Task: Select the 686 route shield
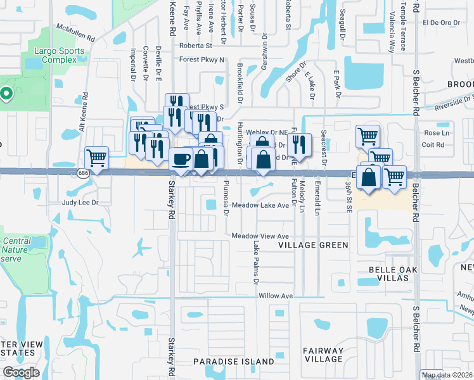click(x=83, y=172)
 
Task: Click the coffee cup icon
click(x=181, y=158)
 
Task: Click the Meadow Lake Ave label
click(x=260, y=205)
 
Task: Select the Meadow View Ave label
click(x=260, y=236)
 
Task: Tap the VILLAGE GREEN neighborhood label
click(x=314, y=245)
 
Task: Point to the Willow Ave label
click(x=276, y=296)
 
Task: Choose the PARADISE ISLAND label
click(x=234, y=362)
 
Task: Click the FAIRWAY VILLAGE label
click(x=323, y=355)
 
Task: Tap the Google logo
click(x=21, y=372)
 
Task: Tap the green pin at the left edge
click(x=6, y=94)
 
